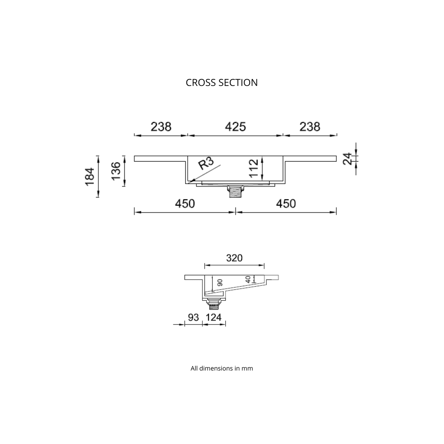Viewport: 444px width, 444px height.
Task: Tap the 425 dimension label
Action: click(x=236, y=127)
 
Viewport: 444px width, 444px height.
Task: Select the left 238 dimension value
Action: click(x=161, y=127)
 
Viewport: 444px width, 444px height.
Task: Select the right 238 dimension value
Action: click(x=310, y=127)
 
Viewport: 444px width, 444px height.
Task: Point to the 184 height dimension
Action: click(x=90, y=176)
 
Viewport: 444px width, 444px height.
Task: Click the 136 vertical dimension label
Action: click(x=116, y=171)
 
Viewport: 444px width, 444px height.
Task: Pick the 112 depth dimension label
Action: click(x=254, y=168)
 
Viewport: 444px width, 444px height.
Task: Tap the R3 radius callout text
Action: click(x=206, y=163)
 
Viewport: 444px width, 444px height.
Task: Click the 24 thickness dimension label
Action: click(x=347, y=159)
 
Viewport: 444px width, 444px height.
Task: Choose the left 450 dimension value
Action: click(x=185, y=203)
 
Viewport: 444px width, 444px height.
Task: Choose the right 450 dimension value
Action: click(x=286, y=203)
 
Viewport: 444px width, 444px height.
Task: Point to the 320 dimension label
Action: click(x=234, y=258)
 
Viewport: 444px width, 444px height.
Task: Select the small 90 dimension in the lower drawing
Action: click(x=220, y=283)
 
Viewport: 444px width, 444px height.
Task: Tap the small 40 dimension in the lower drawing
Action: click(x=248, y=279)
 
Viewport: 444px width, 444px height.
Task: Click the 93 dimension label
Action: click(x=193, y=317)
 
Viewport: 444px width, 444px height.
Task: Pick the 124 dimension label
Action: click(x=214, y=317)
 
